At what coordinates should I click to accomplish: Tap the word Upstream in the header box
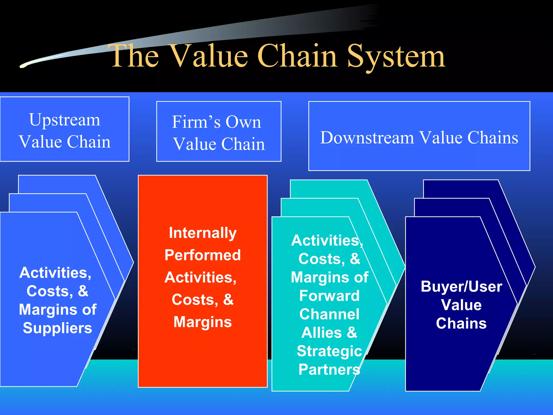[x=65, y=120]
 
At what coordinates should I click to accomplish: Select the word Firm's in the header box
[x=196, y=122]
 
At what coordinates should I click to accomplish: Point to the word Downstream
[x=367, y=138]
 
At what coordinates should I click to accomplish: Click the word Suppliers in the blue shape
[x=57, y=328]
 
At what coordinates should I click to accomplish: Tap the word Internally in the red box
[x=203, y=233]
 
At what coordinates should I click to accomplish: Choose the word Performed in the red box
[x=203, y=255]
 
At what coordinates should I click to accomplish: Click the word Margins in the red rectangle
[x=203, y=322]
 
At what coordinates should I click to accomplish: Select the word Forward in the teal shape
[x=329, y=296]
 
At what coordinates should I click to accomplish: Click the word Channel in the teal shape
[x=329, y=314]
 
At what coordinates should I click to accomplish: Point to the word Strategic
[x=329, y=351]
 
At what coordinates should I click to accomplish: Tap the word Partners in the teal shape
[x=329, y=369]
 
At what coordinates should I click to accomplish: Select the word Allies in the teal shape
[x=322, y=333]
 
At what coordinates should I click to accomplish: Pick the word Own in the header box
[x=243, y=122]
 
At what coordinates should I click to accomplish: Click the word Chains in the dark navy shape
[x=461, y=323]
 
